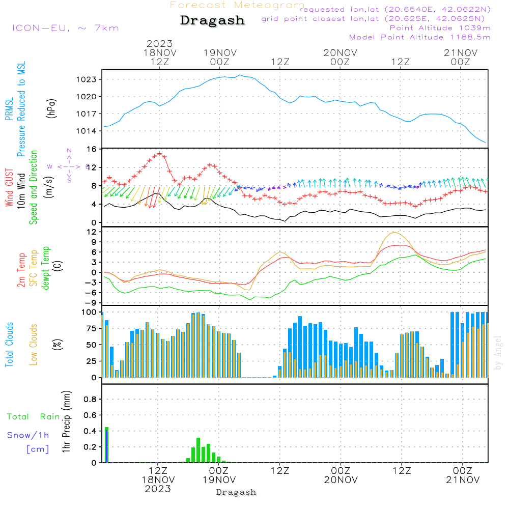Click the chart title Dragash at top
[212, 20]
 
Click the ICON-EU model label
[65, 28]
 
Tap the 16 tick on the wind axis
[92, 149]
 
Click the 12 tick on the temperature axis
[92, 232]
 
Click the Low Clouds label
[34, 345]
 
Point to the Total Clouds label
[9, 345]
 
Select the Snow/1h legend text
[28, 435]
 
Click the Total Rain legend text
[33, 417]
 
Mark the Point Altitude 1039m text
[440, 27]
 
